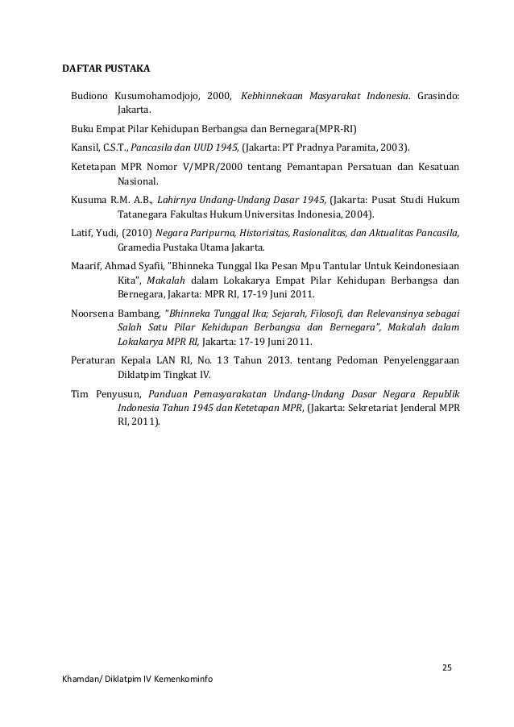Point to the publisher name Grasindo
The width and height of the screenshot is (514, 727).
coord(439,97)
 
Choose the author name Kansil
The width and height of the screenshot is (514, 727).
coord(85,147)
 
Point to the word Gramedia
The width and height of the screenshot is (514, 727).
coord(139,247)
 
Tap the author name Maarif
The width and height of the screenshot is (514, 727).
coord(86,266)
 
